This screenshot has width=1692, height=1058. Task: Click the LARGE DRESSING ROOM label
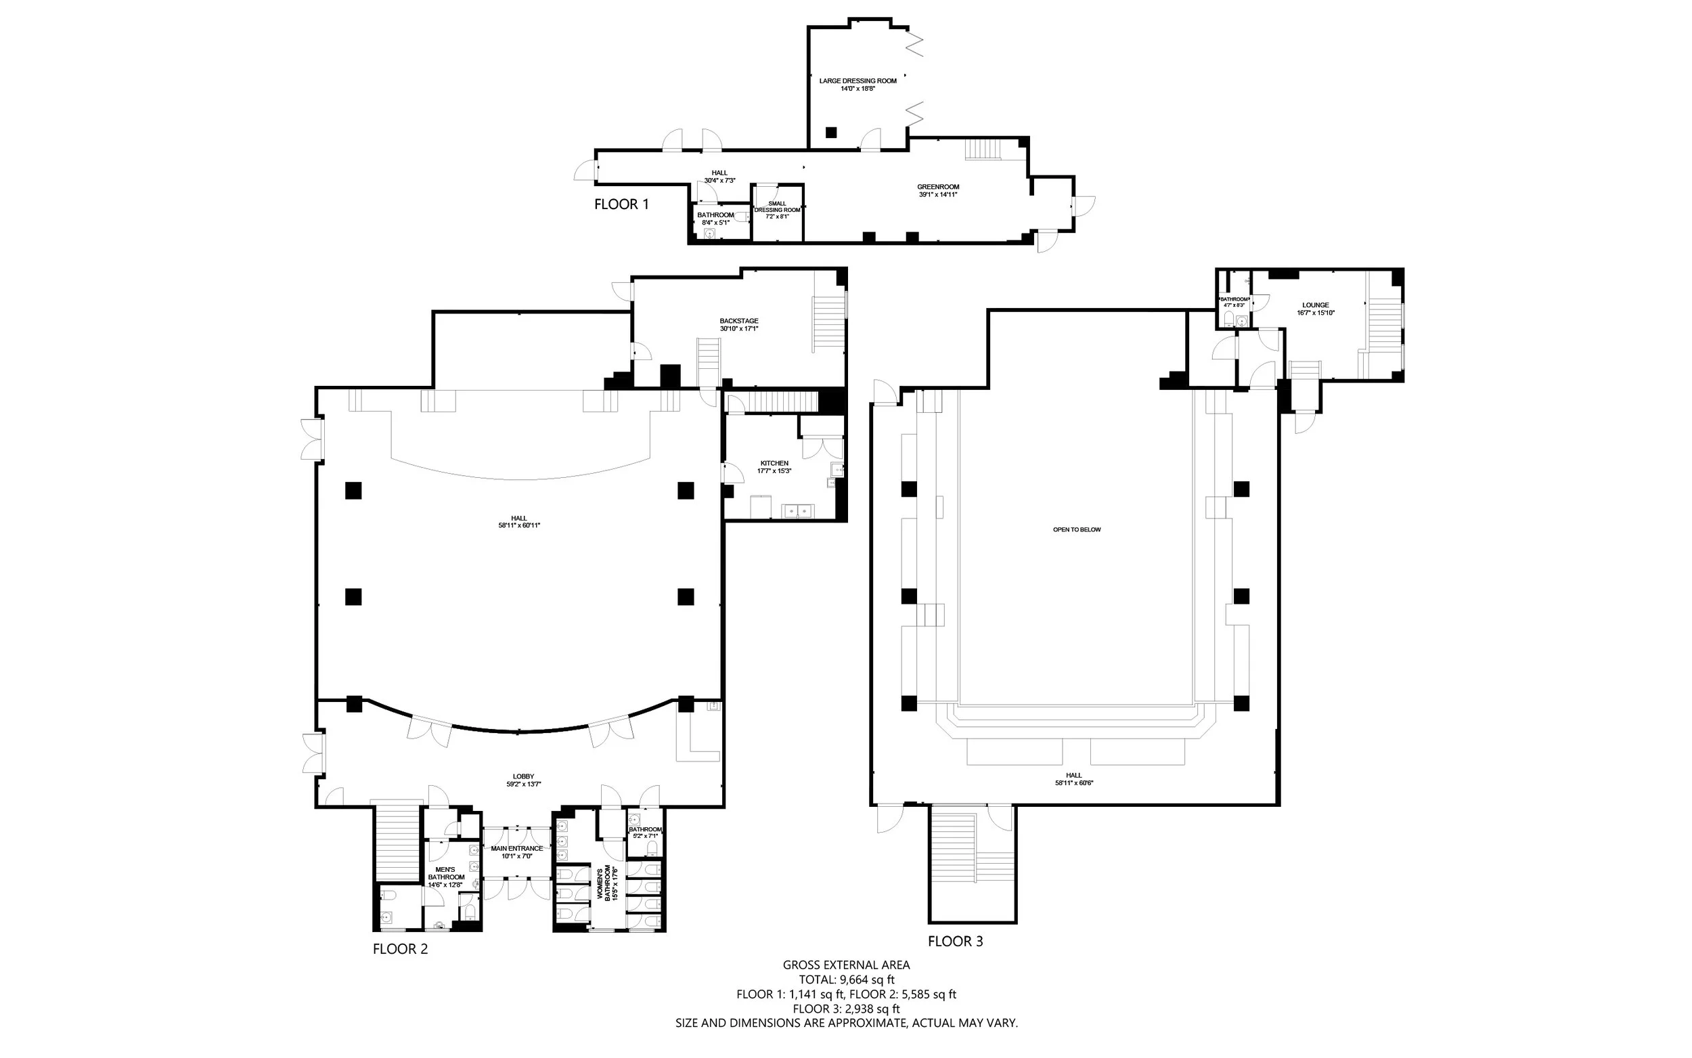point(858,81)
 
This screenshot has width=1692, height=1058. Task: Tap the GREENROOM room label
point(938,187)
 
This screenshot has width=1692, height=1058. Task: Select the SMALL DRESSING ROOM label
point(777,206)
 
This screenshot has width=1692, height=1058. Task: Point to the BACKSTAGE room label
point(738,321)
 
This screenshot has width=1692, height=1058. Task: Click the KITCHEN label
point(774,463)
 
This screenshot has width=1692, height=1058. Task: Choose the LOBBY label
point(523,776)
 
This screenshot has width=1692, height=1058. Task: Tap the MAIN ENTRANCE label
point(516,848)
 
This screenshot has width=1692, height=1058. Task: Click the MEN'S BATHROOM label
point(445,873)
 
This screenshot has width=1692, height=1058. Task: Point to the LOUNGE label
point(1315,305)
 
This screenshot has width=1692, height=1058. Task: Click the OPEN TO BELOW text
point(1077,530)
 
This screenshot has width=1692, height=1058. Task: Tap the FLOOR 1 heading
point(621,204)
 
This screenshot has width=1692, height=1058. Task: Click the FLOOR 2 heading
point(400,949)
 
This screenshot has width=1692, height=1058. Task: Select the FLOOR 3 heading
point(955,941)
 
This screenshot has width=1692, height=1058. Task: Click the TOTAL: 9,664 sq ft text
point(847,979)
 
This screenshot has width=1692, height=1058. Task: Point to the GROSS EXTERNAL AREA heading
point(847,965)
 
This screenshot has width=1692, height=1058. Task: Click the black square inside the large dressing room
point(831,132)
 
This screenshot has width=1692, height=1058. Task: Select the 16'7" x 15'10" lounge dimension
point(1315,313)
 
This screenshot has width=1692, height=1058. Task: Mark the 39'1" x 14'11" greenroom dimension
point(938,194)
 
